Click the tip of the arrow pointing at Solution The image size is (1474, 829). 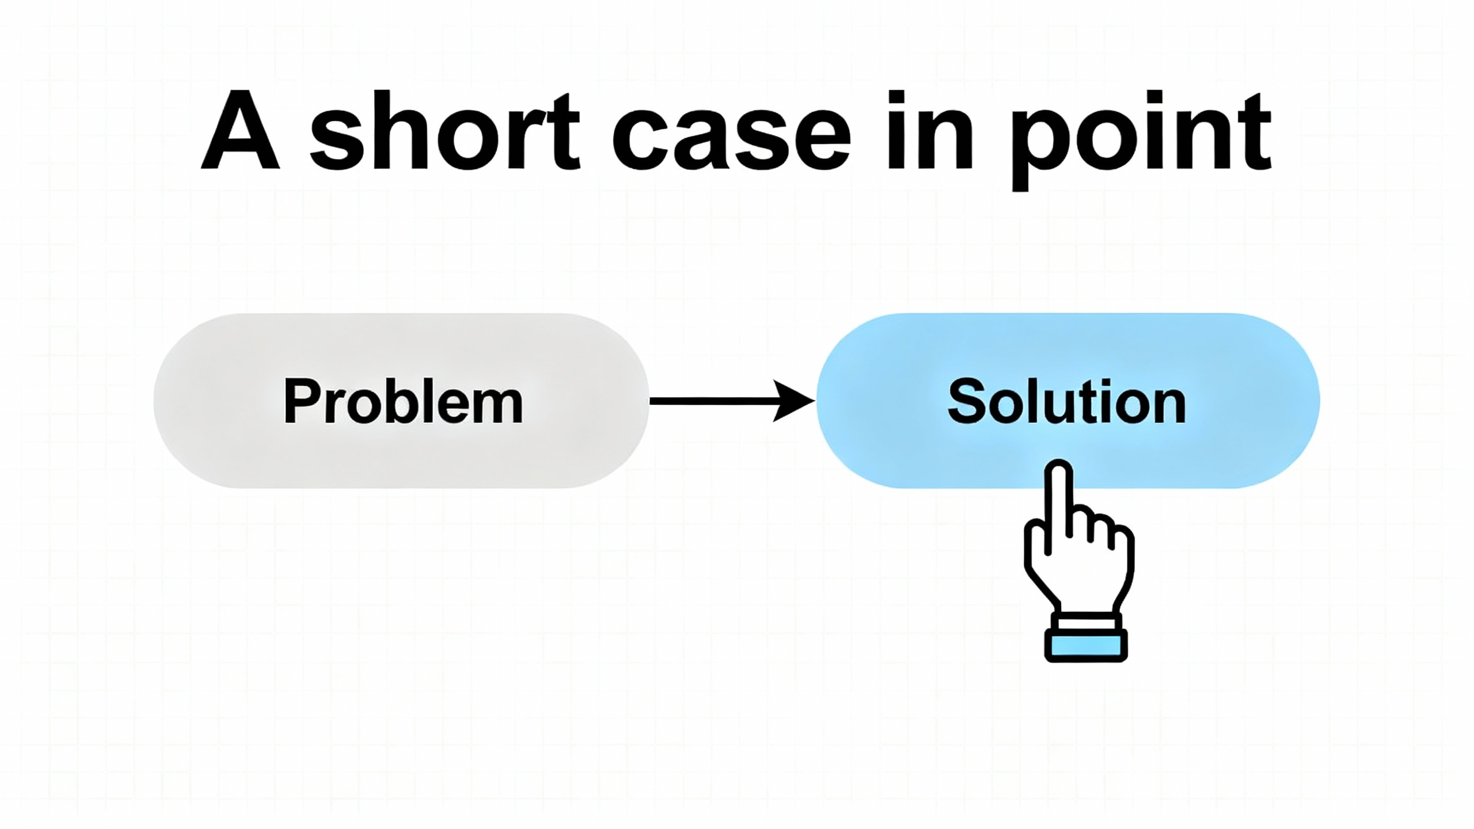815,401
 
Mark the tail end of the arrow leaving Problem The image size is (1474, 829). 650,401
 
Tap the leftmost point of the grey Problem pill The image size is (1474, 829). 154,401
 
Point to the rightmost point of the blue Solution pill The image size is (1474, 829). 1320,401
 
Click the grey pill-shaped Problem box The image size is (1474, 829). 401,401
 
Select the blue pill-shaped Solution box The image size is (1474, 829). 1068,401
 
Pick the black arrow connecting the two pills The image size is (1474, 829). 733,401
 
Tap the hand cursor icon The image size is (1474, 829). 1079,560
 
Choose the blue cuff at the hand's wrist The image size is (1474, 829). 1086,645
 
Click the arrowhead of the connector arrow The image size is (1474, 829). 794,401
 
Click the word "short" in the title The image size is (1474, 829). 445,130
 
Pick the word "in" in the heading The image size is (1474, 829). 930,130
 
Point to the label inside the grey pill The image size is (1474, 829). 404,401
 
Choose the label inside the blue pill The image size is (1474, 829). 1067,401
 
